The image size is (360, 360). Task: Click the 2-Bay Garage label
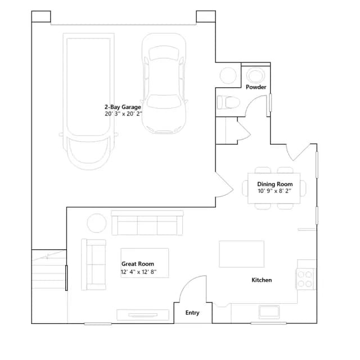pyautogui.click(x=123, y=107)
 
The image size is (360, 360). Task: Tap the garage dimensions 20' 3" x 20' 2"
pyautogui.click(x=123, y=114)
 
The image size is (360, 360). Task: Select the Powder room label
pyautogui.click(x=256, y=87)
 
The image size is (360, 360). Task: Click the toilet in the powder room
pyautogui.click(x=228, y=102)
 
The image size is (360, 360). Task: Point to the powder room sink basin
pyautogui.click(x=255, y=75)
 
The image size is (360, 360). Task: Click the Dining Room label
pyautogui.click(x=275, y=184)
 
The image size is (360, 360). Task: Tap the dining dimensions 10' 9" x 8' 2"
pyautogui.click(x=274, y=191)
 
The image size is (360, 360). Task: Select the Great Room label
pyautogui.click(x=138, y=264)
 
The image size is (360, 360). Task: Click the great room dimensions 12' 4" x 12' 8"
pyautogui.click(x=139, y=272)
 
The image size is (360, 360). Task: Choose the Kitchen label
pyautogui.click(x=262, y=280)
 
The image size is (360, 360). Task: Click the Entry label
pyautogui.click(x=192, y=313)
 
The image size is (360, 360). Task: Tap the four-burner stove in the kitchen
pyautogui.click(x=305, y=279)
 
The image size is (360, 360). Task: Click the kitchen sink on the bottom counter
pyautogui.click(x=269, y=312)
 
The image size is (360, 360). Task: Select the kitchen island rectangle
pyautogui.click(x=241, y=254)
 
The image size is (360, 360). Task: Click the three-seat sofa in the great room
pyautogui.click(x=147, y=223)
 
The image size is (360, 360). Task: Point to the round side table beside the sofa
pyautogui.click(x=97, y=223)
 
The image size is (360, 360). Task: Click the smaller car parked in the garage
pyautogui.click(x=164, y=83)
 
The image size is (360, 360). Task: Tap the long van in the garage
pyautogui.click(x=89, y=101)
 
